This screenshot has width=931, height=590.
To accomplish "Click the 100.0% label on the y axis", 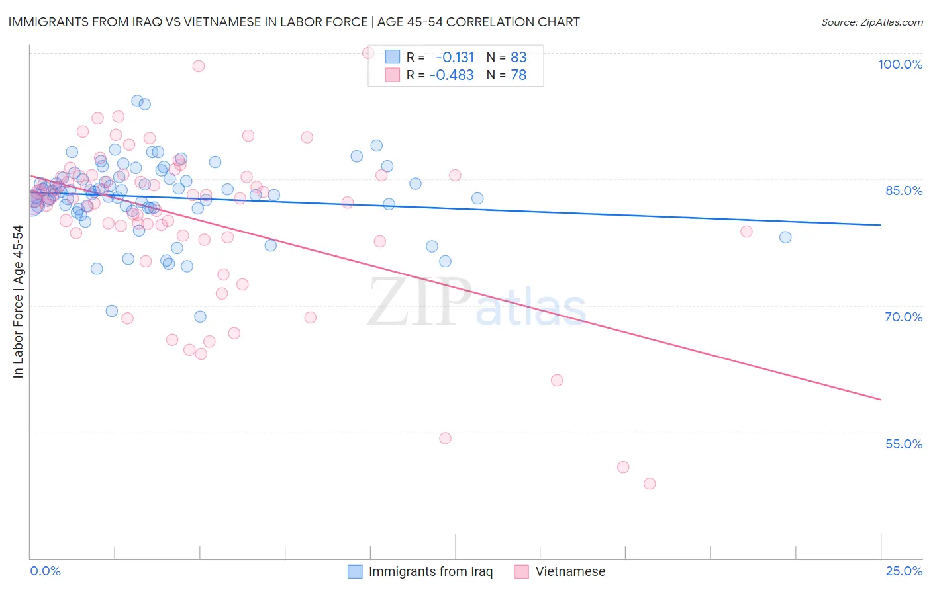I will (x=900, y=64).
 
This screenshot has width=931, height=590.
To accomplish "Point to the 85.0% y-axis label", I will (x=904, y=190).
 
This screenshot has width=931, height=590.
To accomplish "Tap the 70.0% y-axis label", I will (x=903, y=317).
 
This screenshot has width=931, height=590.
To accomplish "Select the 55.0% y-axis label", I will (x=903, y=444).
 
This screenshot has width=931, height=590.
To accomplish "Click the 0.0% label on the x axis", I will (x=45, y=571).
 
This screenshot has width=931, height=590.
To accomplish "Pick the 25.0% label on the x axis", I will (x=904, y=571).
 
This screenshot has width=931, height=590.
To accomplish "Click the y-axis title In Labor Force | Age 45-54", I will (x=18, y=302).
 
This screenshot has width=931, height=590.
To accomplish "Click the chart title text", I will (x=294, y=22).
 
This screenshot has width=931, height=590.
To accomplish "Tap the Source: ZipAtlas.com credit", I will (x=871, y=22).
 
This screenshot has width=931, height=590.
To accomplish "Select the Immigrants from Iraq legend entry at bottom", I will (x=430, y=571).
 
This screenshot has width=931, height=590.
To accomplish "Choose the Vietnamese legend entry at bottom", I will (x=570, y=571).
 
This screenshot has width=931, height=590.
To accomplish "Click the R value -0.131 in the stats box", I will (x=455, y=58).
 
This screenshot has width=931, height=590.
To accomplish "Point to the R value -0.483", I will (x=452, y=75).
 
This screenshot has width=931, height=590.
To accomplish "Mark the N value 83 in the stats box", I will (x=518, y=58).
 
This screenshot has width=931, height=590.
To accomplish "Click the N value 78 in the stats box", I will (x=518, y=75).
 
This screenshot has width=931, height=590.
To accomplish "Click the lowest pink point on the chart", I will (x=650, y=484).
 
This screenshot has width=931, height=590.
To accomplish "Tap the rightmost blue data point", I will (x=785, y=237).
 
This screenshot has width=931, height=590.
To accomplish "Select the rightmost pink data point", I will (x=746, y=232).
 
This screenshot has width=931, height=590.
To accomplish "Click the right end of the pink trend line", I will (x=881, y=400).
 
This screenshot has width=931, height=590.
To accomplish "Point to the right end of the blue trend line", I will (x=881, y=225).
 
